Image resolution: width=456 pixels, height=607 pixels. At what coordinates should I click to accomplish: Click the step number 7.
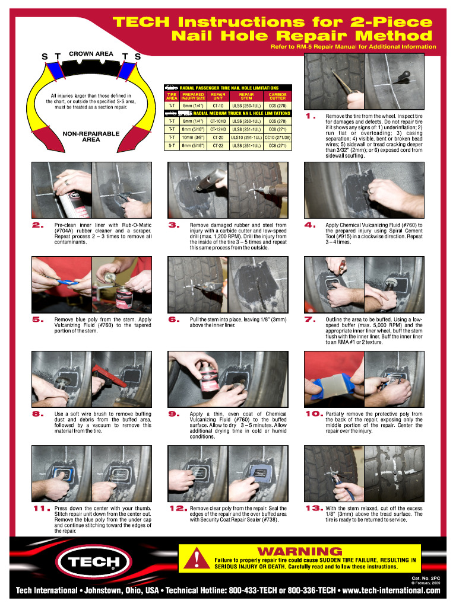309,320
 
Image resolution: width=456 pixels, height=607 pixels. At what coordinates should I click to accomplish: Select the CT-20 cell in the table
218,136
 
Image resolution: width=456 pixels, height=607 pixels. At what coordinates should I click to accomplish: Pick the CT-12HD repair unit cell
218,129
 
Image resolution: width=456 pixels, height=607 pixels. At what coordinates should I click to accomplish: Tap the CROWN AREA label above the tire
91,54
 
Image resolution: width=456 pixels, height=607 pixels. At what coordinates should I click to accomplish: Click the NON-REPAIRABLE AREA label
91,137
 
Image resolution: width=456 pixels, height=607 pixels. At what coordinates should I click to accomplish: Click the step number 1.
309,116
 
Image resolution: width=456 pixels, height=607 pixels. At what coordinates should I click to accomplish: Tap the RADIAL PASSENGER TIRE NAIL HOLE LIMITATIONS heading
229,88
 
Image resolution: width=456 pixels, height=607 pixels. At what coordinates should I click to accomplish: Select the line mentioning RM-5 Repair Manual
353,47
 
